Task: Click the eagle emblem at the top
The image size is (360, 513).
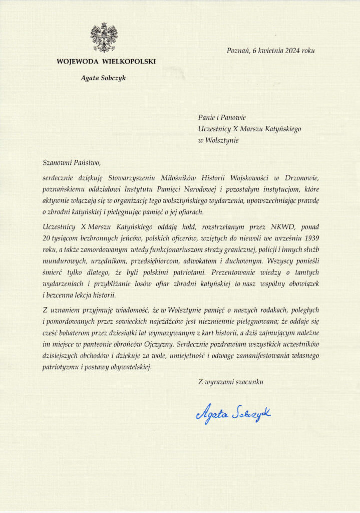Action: [x=104, y=37]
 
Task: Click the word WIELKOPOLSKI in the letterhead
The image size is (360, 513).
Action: [x=130, y=62]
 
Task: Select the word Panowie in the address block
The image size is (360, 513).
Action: [x=232, y=117]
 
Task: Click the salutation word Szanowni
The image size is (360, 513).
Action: [x=57, y=161]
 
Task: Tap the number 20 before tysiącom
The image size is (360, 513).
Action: [x=48, y=237]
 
